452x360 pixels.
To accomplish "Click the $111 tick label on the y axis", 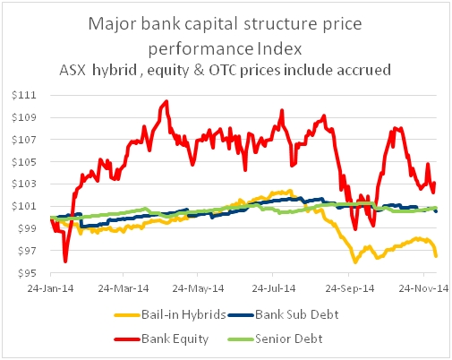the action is tap(24, 95).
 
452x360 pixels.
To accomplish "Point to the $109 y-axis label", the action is tap(24, 117).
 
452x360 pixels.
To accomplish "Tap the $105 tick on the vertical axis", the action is tap(24, 162).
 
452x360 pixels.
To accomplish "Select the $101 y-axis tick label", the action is tap(24, 206).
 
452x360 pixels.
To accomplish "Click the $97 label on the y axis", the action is tap(27, 251).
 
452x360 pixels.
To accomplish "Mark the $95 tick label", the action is tap(27, 273).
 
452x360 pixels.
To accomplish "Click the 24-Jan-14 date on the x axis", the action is tap(50, 288).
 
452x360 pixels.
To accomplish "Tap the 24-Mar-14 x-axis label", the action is tap(124, 288).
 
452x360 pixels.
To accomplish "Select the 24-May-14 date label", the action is tap(198, 288).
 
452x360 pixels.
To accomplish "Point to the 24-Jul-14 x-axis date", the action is tap(274, 288).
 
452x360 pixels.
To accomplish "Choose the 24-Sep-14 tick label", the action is tap(350, 288).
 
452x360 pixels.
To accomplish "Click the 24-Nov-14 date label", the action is tap(424, 288).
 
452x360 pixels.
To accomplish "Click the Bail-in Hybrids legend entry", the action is tap(170, 314).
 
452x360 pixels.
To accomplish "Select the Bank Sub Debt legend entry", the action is tap(284, 314).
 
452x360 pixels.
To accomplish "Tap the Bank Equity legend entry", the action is tap(161, 339).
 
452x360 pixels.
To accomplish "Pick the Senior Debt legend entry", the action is tap(276, 339).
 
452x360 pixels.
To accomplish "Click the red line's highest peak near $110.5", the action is tap(166, 101).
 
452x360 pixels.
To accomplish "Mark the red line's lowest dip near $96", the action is tap(65, 261).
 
